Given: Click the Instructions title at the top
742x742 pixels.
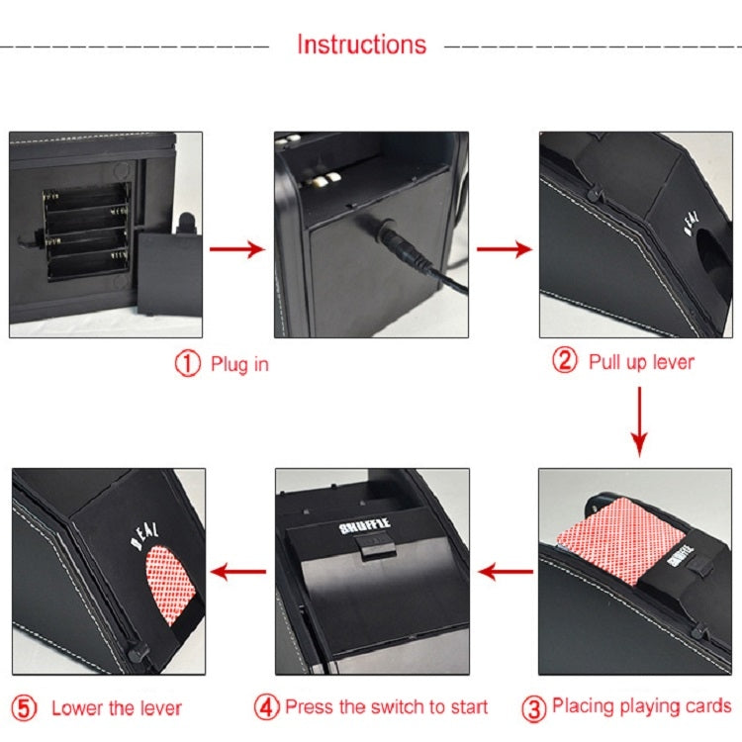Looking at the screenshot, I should [x=361, y=46].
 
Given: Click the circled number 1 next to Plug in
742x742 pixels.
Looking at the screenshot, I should [x=188, y=364].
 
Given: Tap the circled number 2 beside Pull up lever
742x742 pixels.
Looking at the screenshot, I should [x=564, y=361].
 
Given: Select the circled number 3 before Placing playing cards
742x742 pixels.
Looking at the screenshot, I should [x=533, y=707].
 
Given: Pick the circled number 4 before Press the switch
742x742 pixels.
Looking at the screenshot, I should [x=267, y=707].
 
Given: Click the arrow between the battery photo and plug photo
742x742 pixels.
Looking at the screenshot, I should [x=237, y=248].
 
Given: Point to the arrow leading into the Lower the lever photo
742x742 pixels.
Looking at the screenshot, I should [x=239, y=571].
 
